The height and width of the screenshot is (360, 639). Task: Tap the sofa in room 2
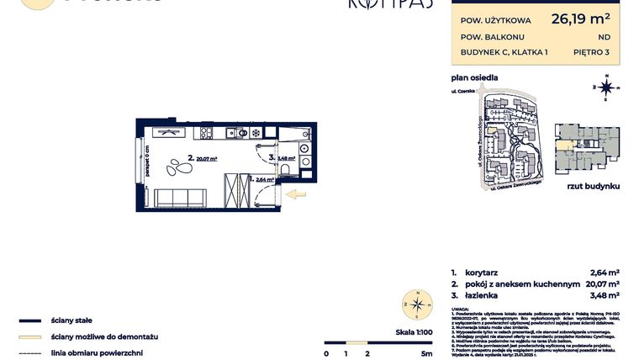(x=182, y=199)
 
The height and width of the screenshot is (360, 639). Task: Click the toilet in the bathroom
(x=287, y=171)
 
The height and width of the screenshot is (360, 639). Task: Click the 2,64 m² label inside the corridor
(x=264, y=179)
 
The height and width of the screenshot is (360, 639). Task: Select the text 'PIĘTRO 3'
(x=593, y=52)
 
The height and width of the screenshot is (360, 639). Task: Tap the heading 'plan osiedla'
(x=474, y=77)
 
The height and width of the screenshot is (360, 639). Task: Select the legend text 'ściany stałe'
(x=71, y=320)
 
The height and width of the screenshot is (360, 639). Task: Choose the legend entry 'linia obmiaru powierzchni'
(x=96, y=352)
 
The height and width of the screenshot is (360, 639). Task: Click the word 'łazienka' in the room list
(x=489, y=294)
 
